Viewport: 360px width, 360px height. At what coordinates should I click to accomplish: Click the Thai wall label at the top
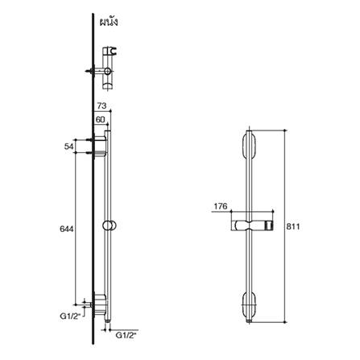pyautogui.click(x=109, y=23)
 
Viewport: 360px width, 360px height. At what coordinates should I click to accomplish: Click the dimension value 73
pyautogui.click(x=101, y=106)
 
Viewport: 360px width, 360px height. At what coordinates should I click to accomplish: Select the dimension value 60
pyautogui.click(x=100, y=119)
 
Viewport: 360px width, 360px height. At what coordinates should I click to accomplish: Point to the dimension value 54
pyautogui.click(x=69, y=147)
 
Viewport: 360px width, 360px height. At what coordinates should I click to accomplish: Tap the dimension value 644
pyautogui.click(x=67, y=229)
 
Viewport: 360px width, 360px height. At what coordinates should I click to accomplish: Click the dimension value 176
pyautogui.click(x=221, y=206)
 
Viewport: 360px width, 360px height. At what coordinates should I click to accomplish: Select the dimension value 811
pyautogui.click(x=292, y=226)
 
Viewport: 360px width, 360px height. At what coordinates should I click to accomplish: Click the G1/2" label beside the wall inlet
pyautogui.click(x=70, y=317)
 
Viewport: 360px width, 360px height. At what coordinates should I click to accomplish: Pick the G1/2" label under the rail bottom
pyautogui.click(x=126, y=335)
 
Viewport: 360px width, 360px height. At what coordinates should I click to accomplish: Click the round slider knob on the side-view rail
pyautogui.click(x=110, y=226)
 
